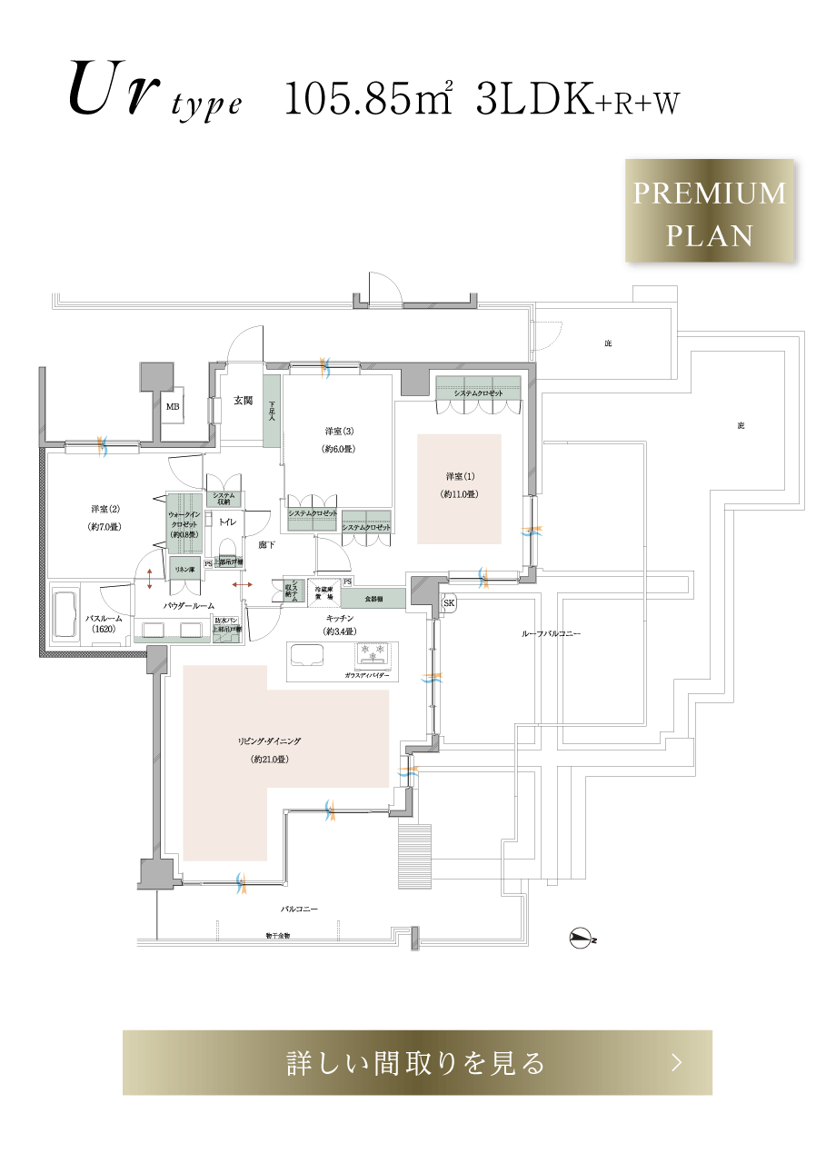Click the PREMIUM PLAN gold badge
tap(710, 211)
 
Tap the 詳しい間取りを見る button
tap(417, 1062)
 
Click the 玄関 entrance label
tap(243, 401)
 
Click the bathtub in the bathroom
tap(67, 618)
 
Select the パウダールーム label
tap(189, 604)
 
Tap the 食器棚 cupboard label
tap(373, 600)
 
